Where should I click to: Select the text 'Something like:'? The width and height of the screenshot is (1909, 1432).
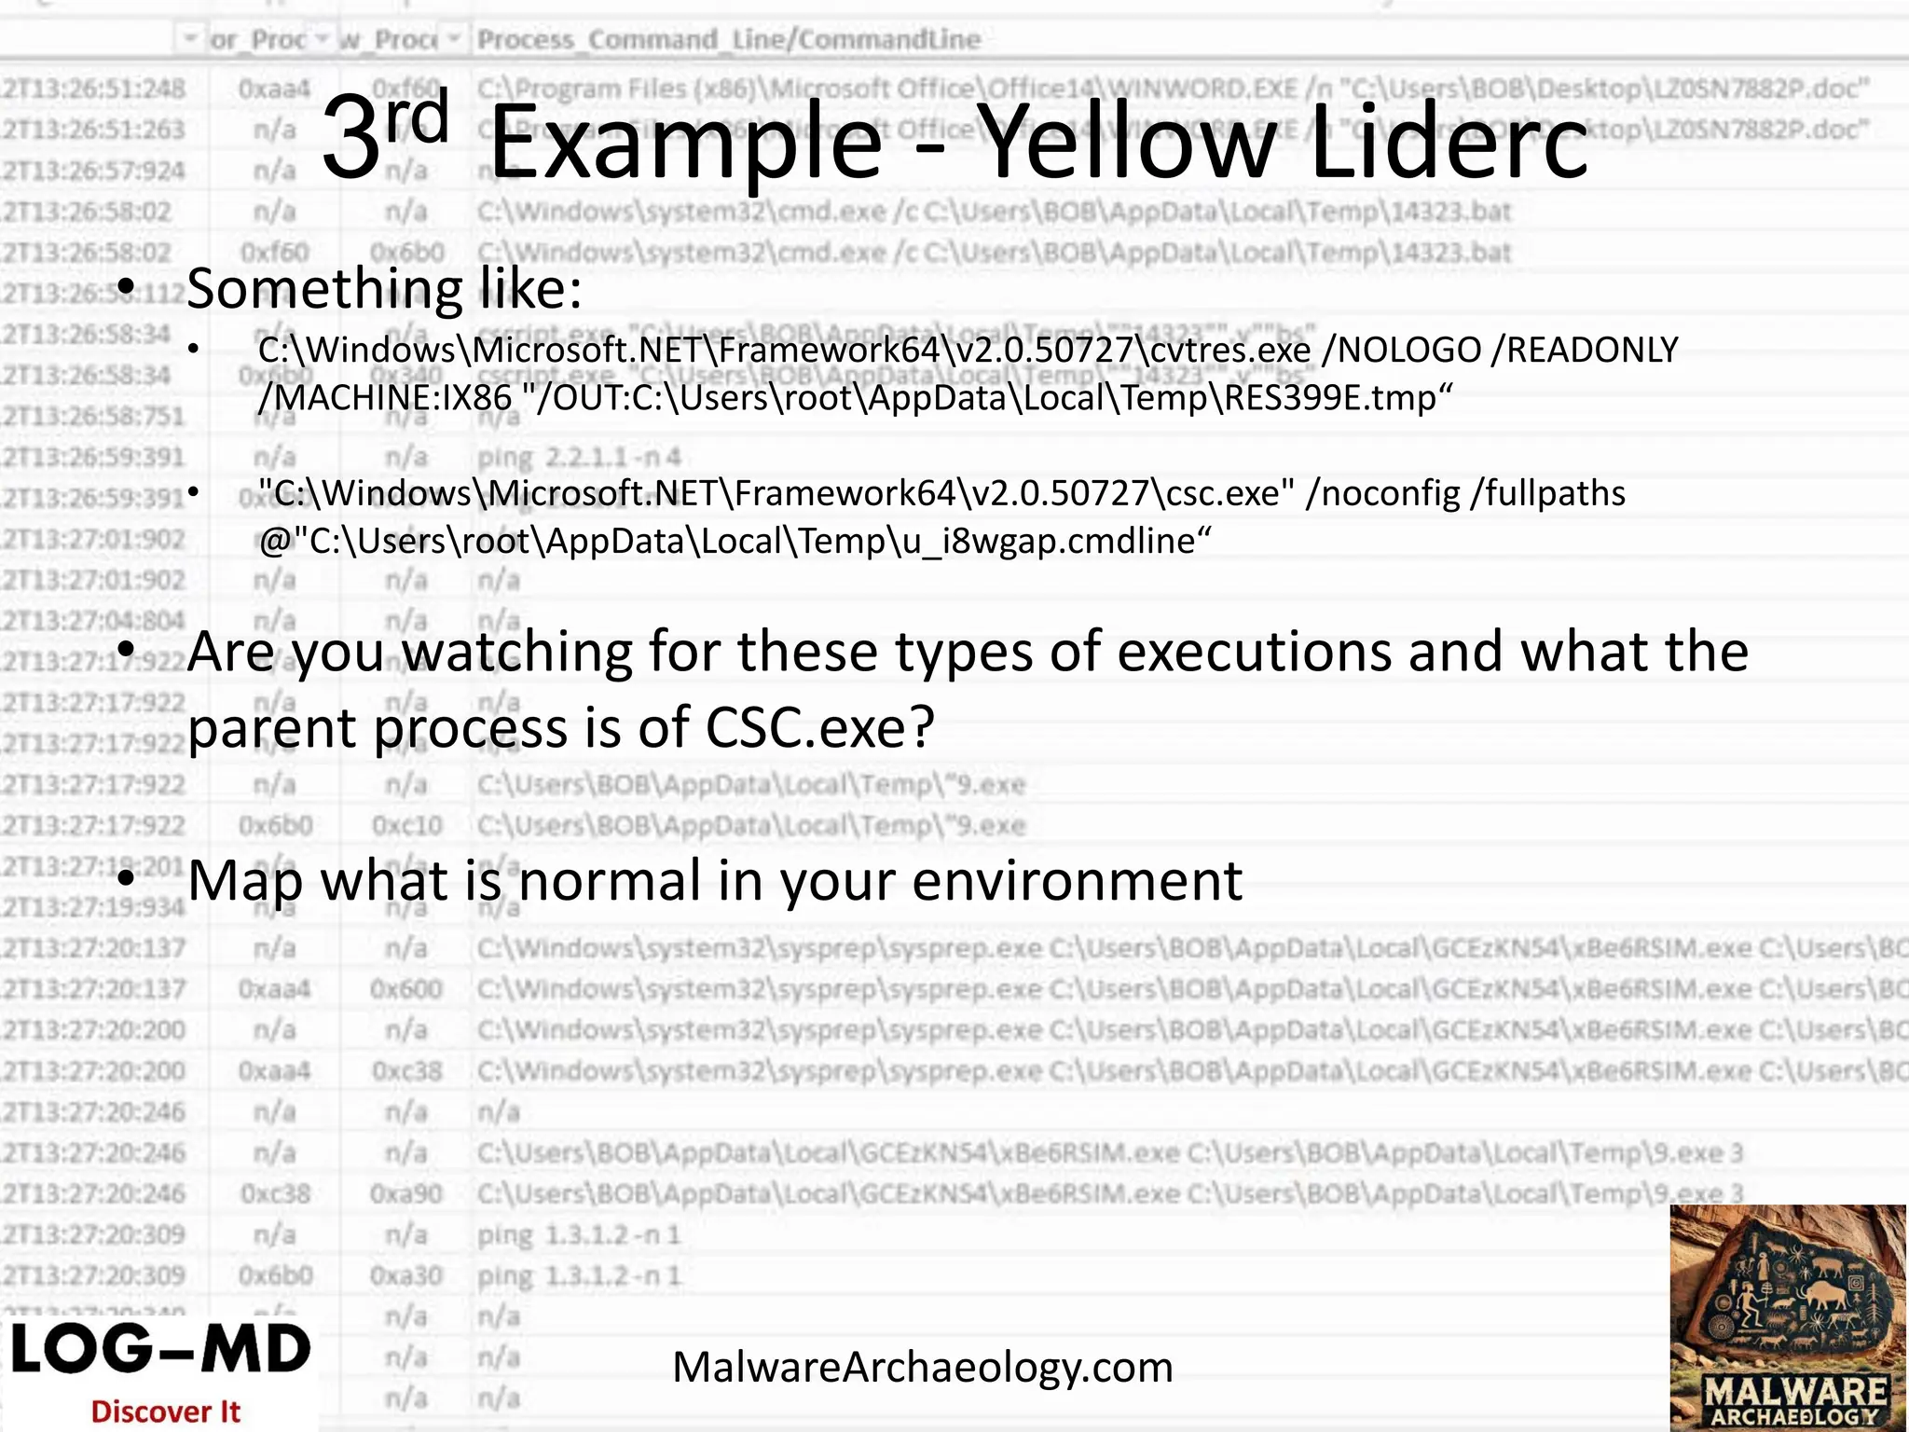tap(384, 289)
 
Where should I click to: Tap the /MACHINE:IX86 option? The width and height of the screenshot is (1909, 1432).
tap(385, 398)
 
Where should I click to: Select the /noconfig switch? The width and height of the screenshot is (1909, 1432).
tap(1382, 493)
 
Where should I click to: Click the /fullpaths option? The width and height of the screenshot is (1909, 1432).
tap(1547, 493)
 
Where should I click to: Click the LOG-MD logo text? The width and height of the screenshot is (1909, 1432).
tap(160, 1351)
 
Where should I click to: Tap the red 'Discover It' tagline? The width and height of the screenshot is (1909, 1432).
tap(166, 1411)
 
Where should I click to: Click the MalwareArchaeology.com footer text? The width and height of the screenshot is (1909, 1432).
tap(922, 1368)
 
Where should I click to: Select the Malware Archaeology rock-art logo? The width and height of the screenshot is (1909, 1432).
tap(1788, 1316)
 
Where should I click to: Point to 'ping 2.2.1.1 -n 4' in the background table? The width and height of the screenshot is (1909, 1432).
tap(579, 458)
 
